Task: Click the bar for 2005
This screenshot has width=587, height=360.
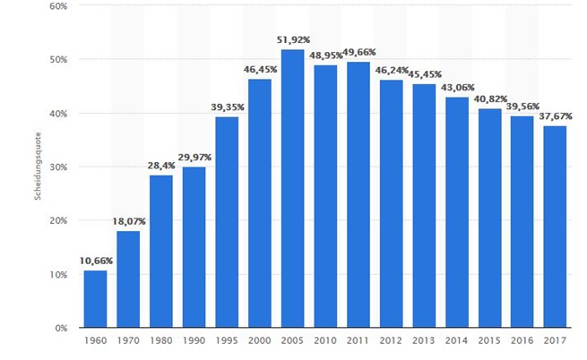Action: [x=292, y=189]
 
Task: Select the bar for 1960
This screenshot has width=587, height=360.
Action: [x=95, y=299]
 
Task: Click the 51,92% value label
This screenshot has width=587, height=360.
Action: [x=292, y=40]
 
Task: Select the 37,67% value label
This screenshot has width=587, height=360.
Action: [x=555, y=116]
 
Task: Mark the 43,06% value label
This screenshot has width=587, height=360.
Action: [x=456, y=87]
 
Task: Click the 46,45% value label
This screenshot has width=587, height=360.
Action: [x=259, y=69]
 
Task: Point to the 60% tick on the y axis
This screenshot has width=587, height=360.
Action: [x=59, y=5]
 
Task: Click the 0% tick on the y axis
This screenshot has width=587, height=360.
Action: [x=63, y=329]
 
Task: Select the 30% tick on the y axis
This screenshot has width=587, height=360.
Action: [x=59, y=167]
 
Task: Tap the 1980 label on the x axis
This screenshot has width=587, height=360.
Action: [x=161, y=342]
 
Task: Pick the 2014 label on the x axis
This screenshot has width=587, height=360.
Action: [x=456, y=342]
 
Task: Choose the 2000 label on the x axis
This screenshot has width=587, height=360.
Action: [x=259, y=342]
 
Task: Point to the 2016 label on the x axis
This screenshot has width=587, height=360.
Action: [x=522, y=342]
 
